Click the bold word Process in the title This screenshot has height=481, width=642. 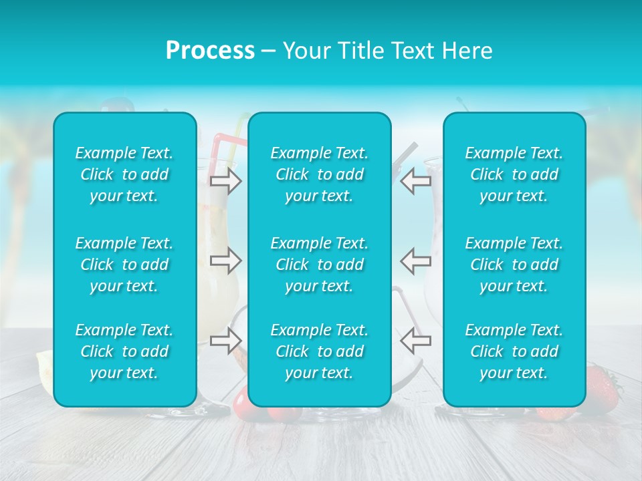coord(210,51)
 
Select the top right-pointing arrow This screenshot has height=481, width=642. coord(225,181)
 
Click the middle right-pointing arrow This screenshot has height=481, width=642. coord(225,261)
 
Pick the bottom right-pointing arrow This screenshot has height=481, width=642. coord(225,341)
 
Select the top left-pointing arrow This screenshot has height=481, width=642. coord(416,181)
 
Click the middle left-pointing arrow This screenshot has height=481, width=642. coord(416,261)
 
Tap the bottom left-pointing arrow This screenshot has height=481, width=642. coord(416,341)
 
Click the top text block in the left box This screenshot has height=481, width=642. coord(124,174)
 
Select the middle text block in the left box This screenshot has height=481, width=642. coord(124,265)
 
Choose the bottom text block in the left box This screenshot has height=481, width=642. coord(124,351)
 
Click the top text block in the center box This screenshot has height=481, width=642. coord(320,174)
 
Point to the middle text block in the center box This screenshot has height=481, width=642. coord(320,265)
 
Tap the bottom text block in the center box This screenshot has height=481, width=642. coord(320,351)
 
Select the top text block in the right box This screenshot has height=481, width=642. coord(514,174)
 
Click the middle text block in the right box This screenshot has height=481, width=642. coord(514,265)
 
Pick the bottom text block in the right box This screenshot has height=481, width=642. coord(514,351)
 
